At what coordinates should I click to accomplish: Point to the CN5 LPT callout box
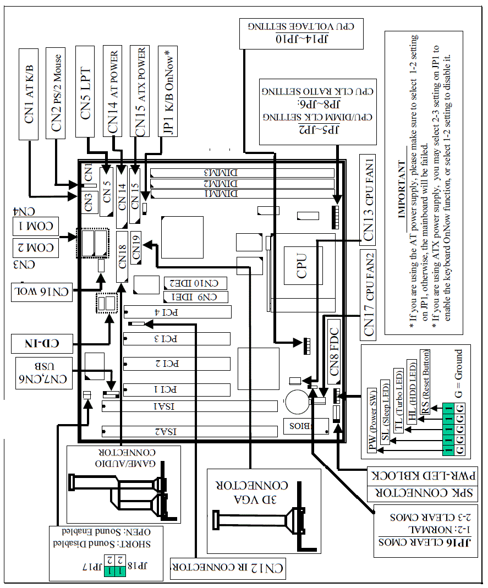coord(86,90)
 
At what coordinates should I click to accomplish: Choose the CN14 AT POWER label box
coord(114,90)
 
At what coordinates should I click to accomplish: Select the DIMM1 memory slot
coord(243,194)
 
